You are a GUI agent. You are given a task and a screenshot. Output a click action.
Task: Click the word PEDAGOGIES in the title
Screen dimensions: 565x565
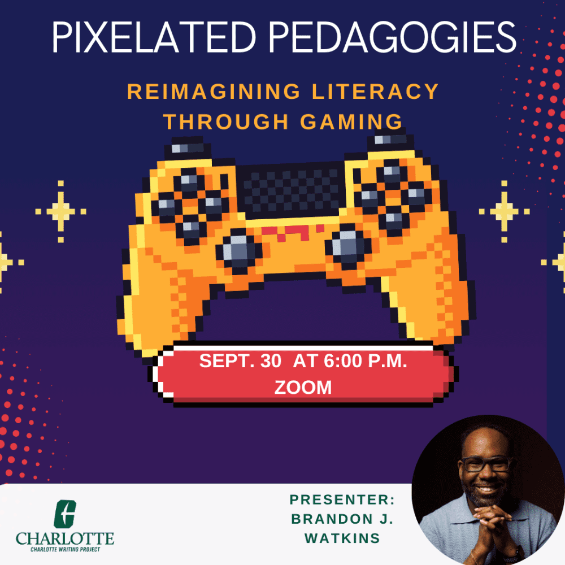point(393,37)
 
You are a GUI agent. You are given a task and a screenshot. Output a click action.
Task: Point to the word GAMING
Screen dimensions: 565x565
point(351,121)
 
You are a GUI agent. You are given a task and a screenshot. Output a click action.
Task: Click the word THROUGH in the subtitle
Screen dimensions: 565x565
point(226,121)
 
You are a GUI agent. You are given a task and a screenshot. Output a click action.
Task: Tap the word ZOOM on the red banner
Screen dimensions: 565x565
point(303,388)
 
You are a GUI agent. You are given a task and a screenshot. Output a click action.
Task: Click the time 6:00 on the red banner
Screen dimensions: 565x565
point(343,360)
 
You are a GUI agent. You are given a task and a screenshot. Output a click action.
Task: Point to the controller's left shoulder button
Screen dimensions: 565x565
point(188,147)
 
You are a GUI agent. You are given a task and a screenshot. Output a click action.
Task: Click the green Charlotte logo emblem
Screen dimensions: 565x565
point(65,514)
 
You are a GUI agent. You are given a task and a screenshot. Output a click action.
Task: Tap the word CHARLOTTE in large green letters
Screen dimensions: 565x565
point(65,538)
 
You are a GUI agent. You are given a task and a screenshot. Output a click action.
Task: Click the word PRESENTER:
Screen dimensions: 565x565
point(342,500)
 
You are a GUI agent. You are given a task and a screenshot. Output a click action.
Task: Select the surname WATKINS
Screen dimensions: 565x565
point(342,538)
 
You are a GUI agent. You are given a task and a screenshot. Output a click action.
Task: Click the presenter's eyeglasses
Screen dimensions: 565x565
point(487,464)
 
